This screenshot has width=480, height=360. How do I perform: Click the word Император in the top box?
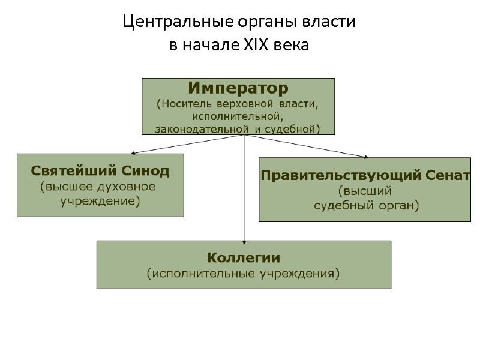(x=238, y=88)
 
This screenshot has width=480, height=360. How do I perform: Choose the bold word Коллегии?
(x=244, y=258)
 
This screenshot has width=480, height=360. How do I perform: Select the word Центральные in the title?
(x=158, y=23)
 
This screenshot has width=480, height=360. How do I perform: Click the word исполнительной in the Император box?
(x=238, y=116)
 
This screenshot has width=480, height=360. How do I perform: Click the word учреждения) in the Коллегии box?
(x=305, y=274)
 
